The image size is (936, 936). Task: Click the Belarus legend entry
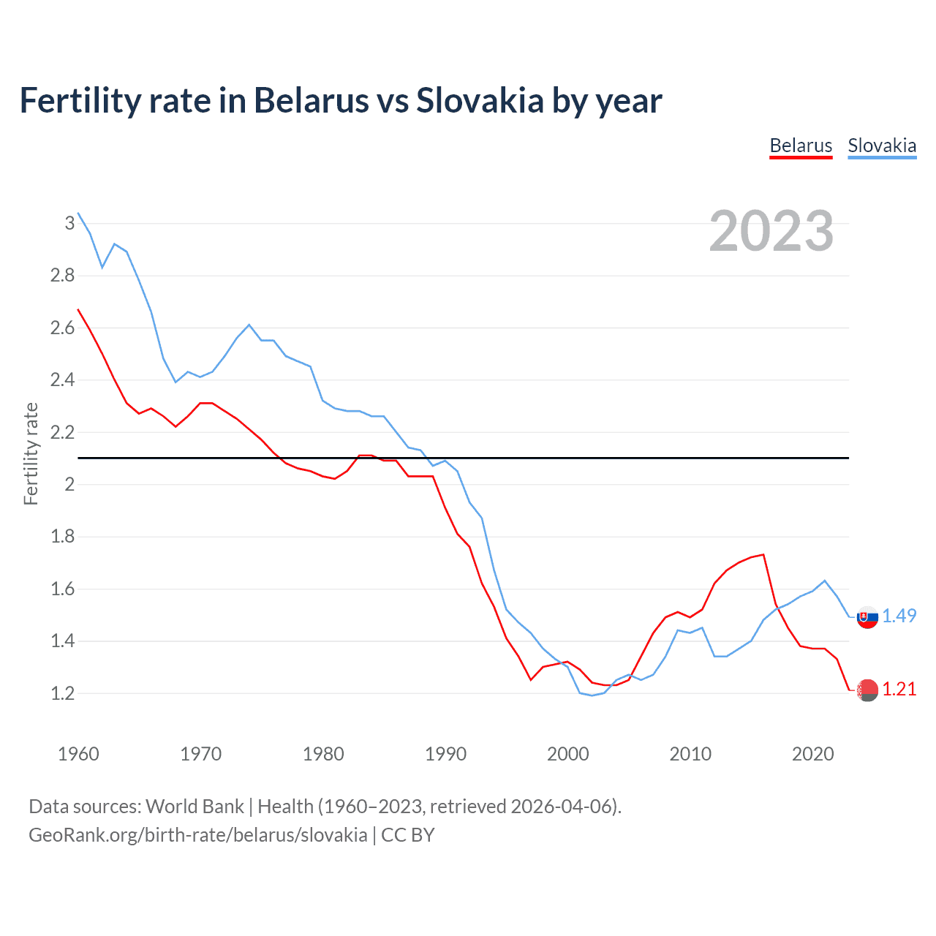click(x=801, y=146)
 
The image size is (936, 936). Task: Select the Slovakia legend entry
click(x=882, y=146)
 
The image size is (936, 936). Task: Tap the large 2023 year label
click(x=771, y=231)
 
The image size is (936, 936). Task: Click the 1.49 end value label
click(x=899, y=616)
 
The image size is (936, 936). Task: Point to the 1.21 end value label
click(x=899, y=689)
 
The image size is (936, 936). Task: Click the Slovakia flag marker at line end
click(x=867, y=617)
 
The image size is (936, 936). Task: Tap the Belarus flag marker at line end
click(x=867, y=690)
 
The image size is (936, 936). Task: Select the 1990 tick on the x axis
click(x=445, y=754)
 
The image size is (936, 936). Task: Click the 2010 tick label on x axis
click(x=690, y=754)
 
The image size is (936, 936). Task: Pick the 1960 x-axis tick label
click(x=78, y=754)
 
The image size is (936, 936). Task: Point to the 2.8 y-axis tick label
click(x=62, y=276)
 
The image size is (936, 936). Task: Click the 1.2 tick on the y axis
click(x=62, y=693)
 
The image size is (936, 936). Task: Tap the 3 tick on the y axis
click(x=69, y=223)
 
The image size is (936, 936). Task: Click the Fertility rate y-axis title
click(x=31, y=453)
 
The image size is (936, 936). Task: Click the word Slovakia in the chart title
click(x=480, y=100)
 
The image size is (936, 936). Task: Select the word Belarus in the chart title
click(x=311, y=100)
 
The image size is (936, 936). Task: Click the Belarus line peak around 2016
click(x=763, y=554)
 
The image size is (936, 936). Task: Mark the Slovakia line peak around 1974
click(x=249, y=325)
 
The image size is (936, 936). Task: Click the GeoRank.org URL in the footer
click(x=197, y=835)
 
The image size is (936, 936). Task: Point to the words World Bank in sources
click(x=195, y=807)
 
